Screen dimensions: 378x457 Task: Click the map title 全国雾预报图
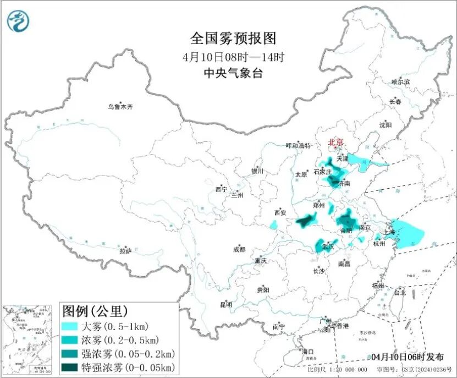[233, 38]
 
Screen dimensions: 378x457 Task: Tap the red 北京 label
[335, 143]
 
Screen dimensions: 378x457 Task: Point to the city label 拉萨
[125, 251]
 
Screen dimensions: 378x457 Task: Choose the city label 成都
[239, 249]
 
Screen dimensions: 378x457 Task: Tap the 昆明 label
[226, 304]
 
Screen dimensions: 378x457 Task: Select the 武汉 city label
[329, 246]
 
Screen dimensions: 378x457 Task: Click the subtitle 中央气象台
[233, 73]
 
